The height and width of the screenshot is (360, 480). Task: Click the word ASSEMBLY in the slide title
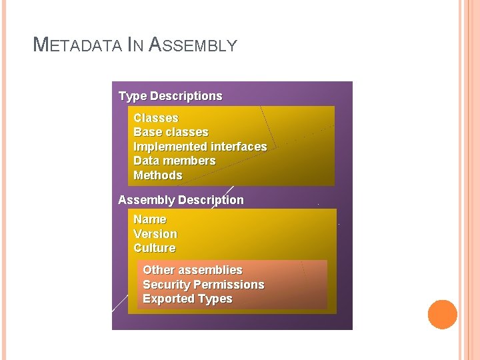(193, 45)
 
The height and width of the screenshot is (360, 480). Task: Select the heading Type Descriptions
(170, 96)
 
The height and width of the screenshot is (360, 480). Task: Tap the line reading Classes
(156, 118)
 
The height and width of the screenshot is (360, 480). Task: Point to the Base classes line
(171, 132)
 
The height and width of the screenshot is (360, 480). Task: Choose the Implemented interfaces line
(200, 147)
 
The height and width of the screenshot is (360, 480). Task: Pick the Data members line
(175, 161)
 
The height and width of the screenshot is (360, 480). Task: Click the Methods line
(158, 175)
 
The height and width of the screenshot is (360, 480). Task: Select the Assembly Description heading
(181, 200)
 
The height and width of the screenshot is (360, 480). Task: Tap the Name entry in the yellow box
(150, 219)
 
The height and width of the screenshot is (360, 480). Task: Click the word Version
(155, 234)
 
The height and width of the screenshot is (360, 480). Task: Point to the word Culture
(155, 248)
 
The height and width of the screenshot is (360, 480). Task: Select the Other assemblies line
(193, 270)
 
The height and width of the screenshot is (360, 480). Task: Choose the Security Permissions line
(203, 285)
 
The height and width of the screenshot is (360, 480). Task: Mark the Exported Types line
(187, 299)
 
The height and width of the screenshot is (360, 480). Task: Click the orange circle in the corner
(443, 315)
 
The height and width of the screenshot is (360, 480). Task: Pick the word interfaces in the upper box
(239, 147)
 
